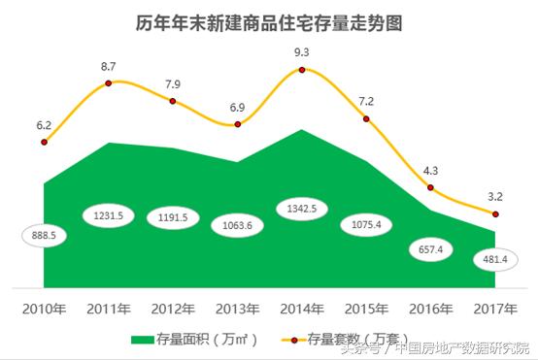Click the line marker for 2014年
pyautogui.click(x=303, y=70)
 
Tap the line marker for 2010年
pyautogui.click(x=45, y=143)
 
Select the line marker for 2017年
pyautogui.click(x=495, y=213)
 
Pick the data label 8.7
pyautogui.click(x=109, y=65)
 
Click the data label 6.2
pyautogui.click(x=44, y=125)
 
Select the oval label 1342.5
pyautogui.click(x=302, y=209)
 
